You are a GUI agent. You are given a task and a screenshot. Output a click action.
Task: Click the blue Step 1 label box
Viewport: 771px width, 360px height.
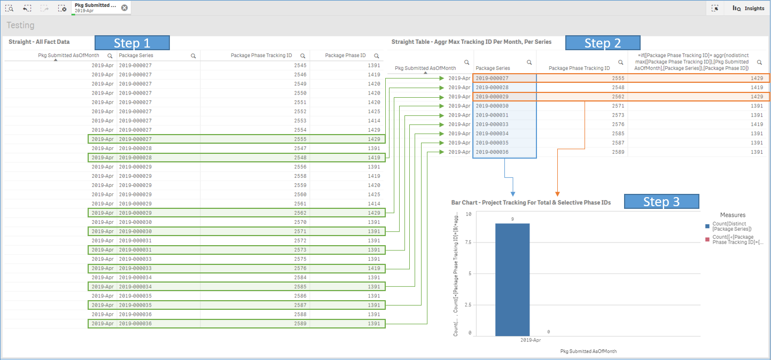click(x=132, y=43)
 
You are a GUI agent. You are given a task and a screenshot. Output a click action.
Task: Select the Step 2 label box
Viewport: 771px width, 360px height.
click(x=602, y=43)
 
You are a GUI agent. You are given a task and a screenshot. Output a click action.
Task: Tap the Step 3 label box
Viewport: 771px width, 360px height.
click(x=661, y=201)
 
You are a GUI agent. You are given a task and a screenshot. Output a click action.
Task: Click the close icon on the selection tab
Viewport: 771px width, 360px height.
click(x=124, y=7)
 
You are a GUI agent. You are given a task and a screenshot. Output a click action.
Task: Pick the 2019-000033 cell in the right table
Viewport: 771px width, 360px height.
click(x=492, y=124)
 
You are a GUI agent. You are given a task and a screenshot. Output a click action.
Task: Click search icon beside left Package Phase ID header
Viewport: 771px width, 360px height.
click(x=377, y=56)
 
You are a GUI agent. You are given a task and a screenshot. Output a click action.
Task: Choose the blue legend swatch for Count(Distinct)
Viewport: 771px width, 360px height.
click(x=708, y=226)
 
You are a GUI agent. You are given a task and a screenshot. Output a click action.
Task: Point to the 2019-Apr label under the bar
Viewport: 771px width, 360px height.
click(x=531, y=340)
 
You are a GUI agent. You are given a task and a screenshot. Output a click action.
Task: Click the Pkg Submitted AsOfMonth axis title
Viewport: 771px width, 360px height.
click(x=588, y=351)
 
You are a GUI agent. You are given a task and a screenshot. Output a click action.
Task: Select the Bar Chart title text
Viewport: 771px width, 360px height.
click(x=531, y=202)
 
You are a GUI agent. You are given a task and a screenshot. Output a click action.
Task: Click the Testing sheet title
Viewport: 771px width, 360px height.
click(x=20, y=25)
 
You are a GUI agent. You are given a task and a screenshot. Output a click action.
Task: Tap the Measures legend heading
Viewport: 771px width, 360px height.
click(x=733, y=215)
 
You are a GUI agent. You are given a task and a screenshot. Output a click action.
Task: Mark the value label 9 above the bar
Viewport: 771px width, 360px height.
click(x=512, y=220)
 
